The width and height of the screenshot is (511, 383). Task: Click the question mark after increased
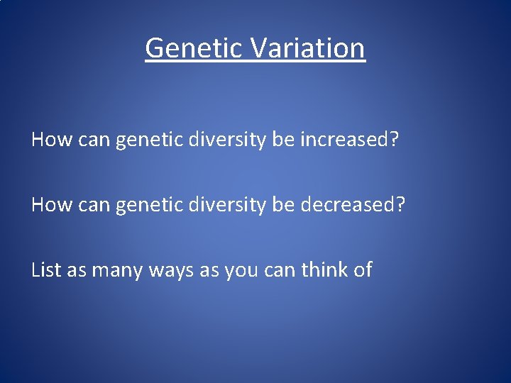click(x=395, y=140)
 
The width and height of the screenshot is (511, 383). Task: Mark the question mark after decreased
click(x=400, y=204)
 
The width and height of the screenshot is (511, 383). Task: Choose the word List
click(x=46, y=270)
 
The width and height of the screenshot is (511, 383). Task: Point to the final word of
click(x=363, y=270)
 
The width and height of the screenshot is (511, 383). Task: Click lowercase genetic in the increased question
click(x=149, y=140)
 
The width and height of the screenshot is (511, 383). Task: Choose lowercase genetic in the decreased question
click(x=149, y=204)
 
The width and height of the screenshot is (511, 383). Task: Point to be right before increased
click(x=282, y=140)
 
